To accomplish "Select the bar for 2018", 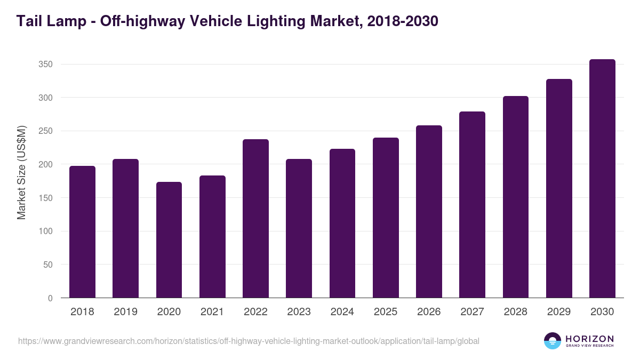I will coord(82,232).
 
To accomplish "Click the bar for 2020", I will coord(169,240).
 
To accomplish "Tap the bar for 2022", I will coord(255,219).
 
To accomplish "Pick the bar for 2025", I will coord(386,218).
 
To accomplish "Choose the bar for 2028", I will coord(516,197).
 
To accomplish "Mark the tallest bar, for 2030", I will coord(602,179).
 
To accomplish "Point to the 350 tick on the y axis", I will coord(45,65).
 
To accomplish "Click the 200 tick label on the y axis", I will coord(45,165).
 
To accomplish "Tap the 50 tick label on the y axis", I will coord(47,265).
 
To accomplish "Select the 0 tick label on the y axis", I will coord(50,299).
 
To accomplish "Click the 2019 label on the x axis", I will coord(125,312).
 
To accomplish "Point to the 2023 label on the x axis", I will coord(299,312).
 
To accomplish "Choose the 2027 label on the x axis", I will coord(472,312).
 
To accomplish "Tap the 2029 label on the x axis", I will coord(559,312).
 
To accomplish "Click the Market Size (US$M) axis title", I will coord(21,172).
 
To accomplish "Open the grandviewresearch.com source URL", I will coord(249,341).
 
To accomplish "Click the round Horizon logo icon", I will coord(553,341).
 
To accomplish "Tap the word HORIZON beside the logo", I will coord(589,338).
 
